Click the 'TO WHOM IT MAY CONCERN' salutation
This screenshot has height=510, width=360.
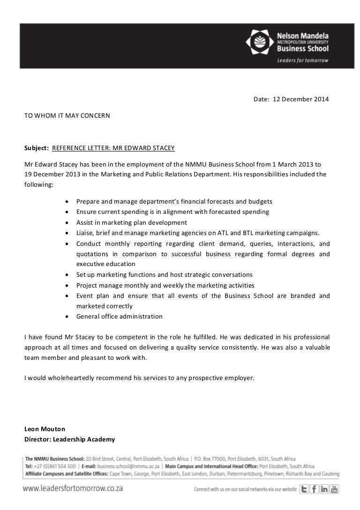(67, 114)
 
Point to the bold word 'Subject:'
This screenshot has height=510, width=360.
(37, 148)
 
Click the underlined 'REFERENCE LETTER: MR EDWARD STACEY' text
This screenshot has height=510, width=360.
(113, 148)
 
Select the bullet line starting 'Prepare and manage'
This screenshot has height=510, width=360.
(174, 201)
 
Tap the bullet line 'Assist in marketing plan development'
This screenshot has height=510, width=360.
(131, 222)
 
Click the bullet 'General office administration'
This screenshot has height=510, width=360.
(119, 316)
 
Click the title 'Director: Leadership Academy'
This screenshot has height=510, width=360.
(69, 440)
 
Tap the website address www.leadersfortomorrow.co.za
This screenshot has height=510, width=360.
(73, 488)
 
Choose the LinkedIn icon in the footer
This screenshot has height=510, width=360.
(324, 489)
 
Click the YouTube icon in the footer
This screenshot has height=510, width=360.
(334, 489)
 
